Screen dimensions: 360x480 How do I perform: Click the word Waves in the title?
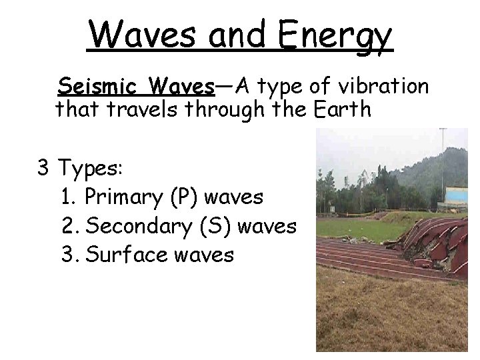click(141, 34)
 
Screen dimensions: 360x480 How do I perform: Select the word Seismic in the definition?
click(100, 87)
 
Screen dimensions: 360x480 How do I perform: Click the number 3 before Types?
click(44, 167)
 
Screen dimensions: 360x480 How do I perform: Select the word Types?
click(89, 169)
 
